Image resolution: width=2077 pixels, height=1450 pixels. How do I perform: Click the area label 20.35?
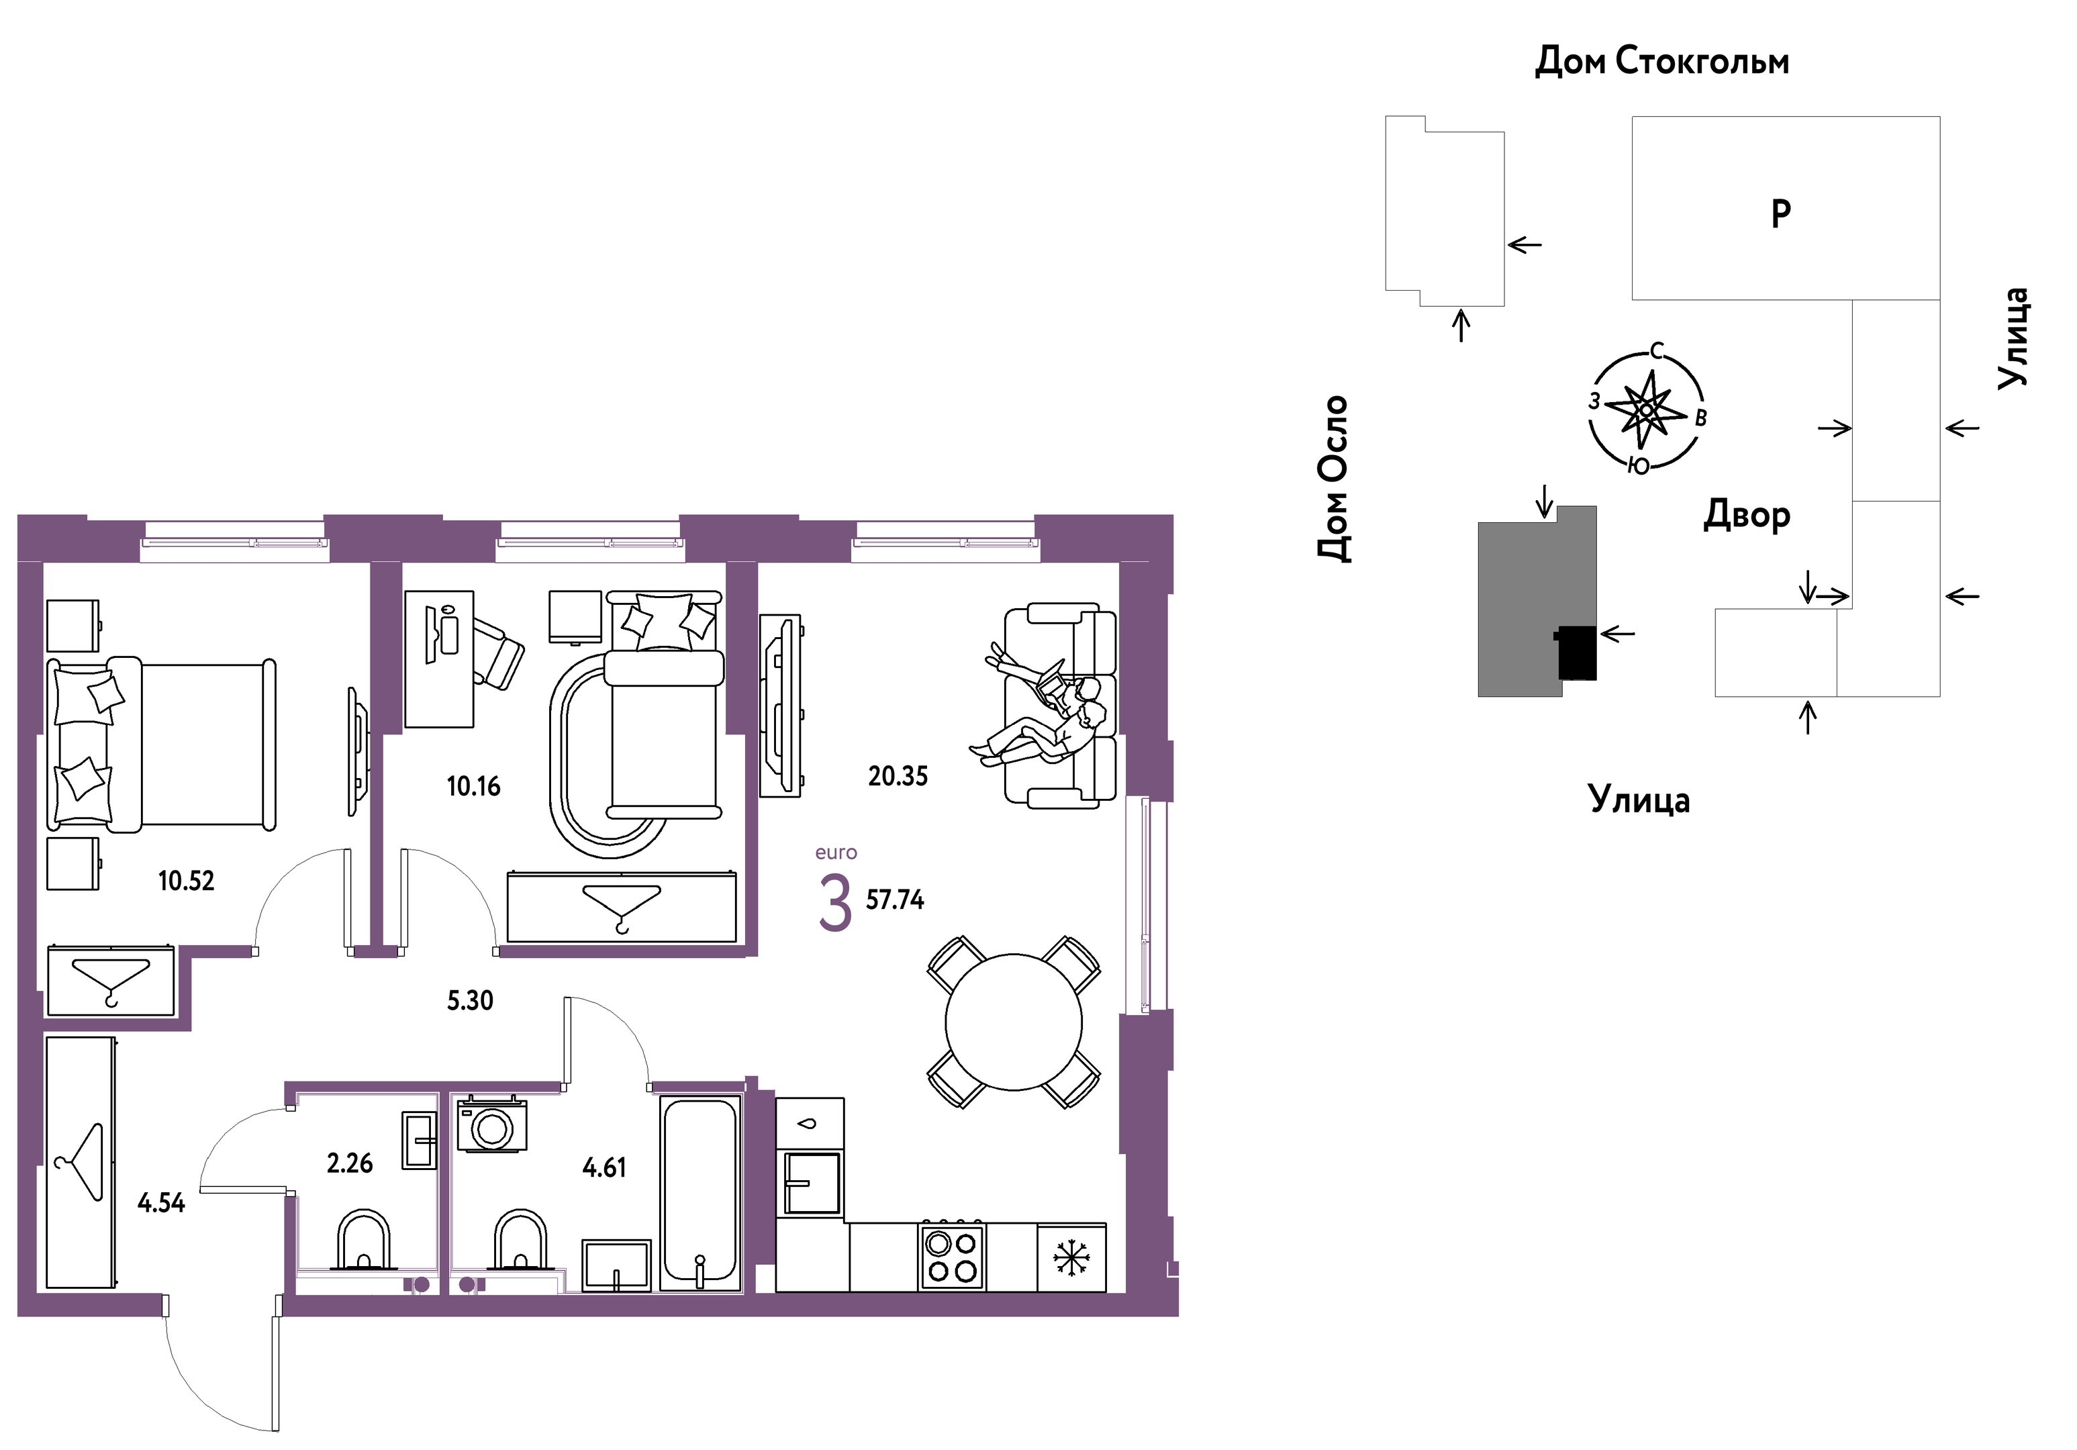pos(898,776)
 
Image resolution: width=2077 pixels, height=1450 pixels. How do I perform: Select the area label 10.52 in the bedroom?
pos(187,881)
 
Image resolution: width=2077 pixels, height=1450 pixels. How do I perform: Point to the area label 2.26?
pos(350,1163)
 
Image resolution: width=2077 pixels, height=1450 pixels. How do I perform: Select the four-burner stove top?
pos(952,1257)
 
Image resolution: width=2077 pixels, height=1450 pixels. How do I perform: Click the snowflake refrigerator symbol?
pos(1071,1257)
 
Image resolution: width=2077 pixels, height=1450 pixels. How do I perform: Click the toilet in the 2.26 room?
pos(364,1239)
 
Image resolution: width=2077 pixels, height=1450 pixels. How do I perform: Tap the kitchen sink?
pos(812,1182)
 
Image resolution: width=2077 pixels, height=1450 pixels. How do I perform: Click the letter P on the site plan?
pos(1780,213)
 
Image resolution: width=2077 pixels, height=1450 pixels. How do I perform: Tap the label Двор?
pos(1747,515)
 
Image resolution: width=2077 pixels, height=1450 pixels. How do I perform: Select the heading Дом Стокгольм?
pos(1661,62)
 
